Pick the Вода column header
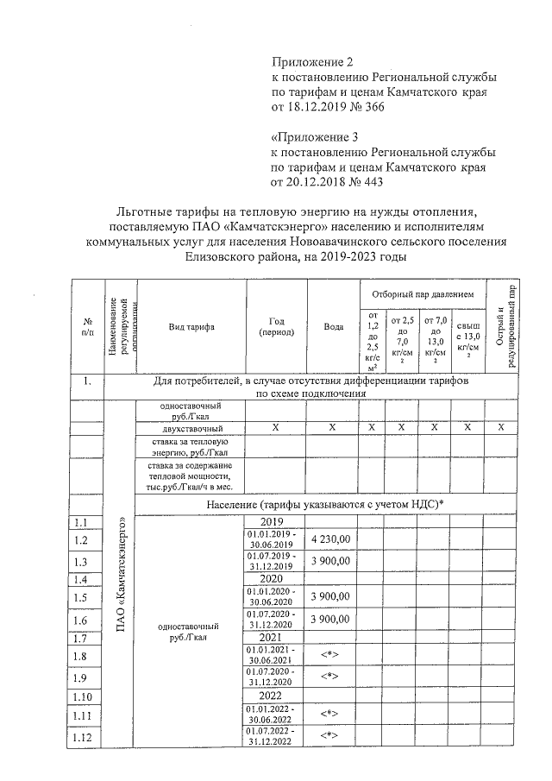(332, 327)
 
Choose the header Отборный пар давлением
(423, 295)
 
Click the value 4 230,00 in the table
(332, 539)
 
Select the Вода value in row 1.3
(332, 561)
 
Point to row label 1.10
(83, 696)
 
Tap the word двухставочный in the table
(192, 429)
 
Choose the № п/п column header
(87, 327)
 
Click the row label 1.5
(83, 597)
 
